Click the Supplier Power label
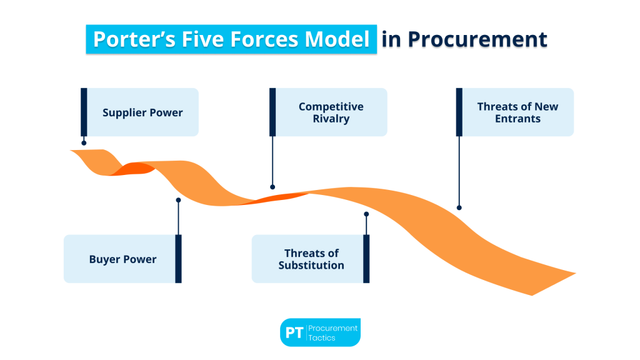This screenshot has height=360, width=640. [x=142, y=112]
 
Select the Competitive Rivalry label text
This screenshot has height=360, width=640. [x=331, y=112]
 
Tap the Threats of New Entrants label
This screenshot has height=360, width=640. [x=517, y=112]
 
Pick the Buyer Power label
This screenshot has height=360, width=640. [x=122, y=259]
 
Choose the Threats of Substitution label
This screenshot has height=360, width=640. [x=311, y=259]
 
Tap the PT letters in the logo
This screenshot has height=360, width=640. [x=294, y=332]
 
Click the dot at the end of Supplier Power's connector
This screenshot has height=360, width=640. [x=84, y=142]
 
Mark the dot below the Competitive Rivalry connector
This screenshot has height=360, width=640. [x=272, y=186]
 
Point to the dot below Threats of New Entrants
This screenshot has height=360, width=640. [x=459, y=207]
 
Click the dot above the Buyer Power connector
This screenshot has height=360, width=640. [x=178, y=200]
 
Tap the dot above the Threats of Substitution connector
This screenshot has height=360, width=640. [x=366, y=214]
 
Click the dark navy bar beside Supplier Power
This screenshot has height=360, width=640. [x=84, y=112]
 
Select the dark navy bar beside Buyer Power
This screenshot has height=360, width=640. [x=178, y=259]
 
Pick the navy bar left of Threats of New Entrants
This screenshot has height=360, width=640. [x=459, y=112]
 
